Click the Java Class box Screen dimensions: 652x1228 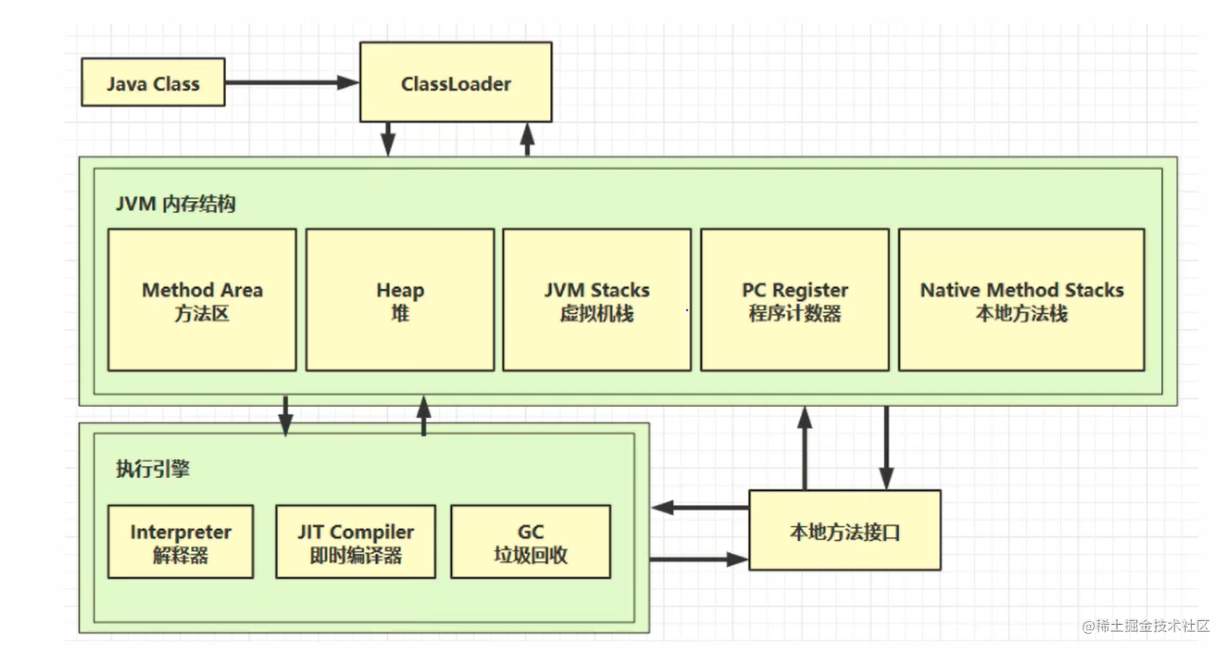(x=153, y=82)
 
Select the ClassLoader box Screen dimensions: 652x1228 (x=455, y=82)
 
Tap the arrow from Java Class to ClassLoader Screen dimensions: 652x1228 (x=291, y=82)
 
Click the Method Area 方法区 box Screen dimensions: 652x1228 (x=202, y=300)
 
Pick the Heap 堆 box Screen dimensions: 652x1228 (x=400, y=300)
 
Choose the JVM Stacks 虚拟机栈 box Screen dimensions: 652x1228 (x=596, y=300)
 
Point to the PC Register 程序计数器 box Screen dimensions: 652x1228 (x=794, y=300)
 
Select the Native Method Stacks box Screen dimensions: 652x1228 (x=1021, y=300)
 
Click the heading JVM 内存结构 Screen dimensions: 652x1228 (x=176, y=204)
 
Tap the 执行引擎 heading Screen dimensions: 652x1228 (x=153, y=468)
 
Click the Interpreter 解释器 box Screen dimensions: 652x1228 (x=180, y=542)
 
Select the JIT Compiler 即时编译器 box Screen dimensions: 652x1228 (x=355, y=542)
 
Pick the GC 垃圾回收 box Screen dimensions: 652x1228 (x=530, y=542)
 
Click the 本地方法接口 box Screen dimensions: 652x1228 (x=845, y=531)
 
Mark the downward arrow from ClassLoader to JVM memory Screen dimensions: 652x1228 (x=388, y=139)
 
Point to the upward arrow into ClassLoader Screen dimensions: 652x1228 (x=527, y=139)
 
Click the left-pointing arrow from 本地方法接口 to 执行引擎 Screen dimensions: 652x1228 (x=699, y=507)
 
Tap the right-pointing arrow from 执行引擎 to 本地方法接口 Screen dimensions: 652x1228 (x=699, y=559)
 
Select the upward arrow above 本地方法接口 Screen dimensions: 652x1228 (x=805, y=448)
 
